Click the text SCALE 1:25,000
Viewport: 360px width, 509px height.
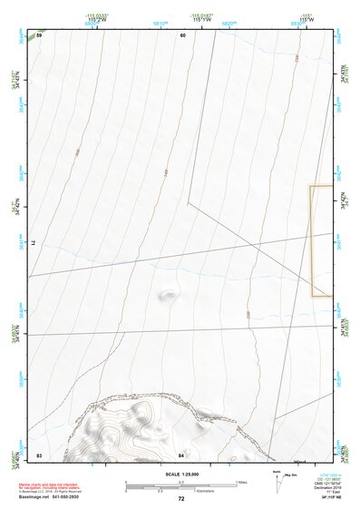[180, 475]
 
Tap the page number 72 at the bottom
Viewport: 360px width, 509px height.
[180, 499]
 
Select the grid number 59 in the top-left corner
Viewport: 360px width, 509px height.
[39, 34]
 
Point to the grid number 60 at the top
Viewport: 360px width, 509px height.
[182, 34]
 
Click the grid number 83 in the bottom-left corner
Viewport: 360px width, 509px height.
[39, 454]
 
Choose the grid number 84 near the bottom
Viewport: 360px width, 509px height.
[181, 454]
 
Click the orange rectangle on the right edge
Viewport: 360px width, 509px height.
[320, 241]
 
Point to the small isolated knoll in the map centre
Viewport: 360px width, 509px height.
[167, 294]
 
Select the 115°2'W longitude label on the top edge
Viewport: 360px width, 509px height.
[92, 20]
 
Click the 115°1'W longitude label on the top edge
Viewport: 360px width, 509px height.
[202, 20]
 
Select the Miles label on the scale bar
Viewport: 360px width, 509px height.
[241, 482]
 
